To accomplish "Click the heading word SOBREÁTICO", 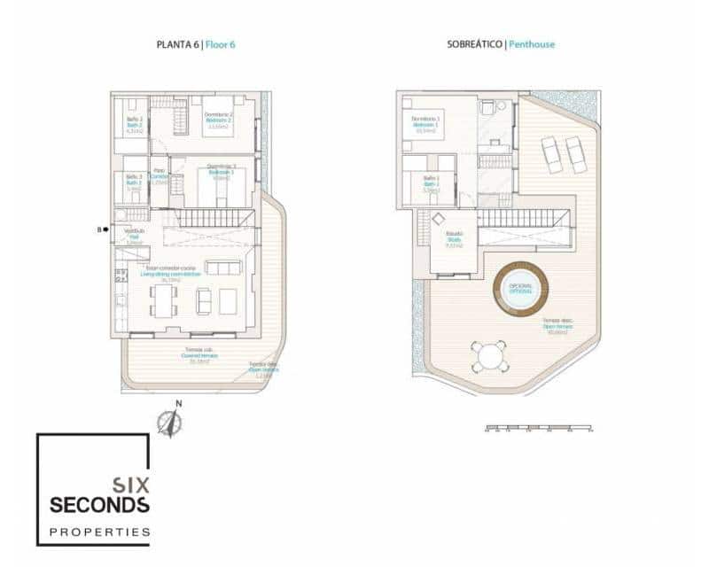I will coord(476,43).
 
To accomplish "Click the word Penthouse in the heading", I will coord(532,43).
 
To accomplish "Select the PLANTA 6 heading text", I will coord(178,43).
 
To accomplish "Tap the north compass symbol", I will coord(169,423).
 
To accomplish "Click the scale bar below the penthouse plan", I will coord(539,429).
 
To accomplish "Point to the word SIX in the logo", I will coord(130,485).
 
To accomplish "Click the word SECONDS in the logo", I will coord(99,505).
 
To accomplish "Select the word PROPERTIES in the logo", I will coord(99,532).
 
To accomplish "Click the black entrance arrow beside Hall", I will coord(106,229).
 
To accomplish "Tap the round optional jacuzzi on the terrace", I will coord(520,289).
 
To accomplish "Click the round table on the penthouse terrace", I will coord(488,357).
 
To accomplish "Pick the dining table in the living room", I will coord(162,299).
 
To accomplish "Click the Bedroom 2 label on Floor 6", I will coord(218,120).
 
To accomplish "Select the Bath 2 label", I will coord(135,125).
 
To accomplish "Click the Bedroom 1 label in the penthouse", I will coord(425,125).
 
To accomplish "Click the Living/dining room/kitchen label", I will coord(170,275).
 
